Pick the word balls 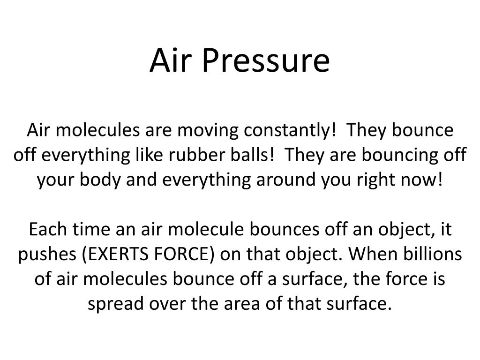(x=258, y=156)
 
